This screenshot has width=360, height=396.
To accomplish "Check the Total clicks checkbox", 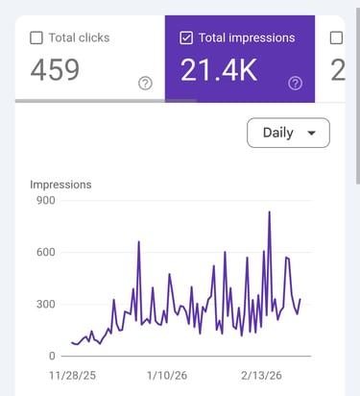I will pyautogui.click(x=36, y=38).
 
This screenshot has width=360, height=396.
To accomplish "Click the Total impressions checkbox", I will pyautogui.click(x=186, y=38).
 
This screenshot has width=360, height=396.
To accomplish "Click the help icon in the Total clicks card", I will pyautogui.click(x=145, y=84).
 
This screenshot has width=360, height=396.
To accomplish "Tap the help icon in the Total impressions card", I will pyautogui.click(x=295, y=84).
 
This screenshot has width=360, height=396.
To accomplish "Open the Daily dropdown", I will pyautogui.click(x=288, y=133).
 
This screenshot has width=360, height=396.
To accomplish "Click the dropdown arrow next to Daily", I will pyautogui.click(x=311, y=134).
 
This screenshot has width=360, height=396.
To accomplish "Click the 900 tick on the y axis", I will pyautogui.click(x=45, y=201).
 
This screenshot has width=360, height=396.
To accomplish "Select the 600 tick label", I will pyautogui.click(x=45, y=253).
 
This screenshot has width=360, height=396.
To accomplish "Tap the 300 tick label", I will pyautogui.click(x=45, y=305).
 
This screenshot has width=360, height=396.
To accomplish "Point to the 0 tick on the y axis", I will pyautogui.click(x=52, y=357).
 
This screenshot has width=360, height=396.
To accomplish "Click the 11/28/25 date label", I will pyautogui.click(x=75, y=374).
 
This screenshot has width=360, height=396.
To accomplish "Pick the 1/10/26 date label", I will pyautogui.click(x=169, y=374).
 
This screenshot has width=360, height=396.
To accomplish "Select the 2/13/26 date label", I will pyautogui.click(x=265, y=374).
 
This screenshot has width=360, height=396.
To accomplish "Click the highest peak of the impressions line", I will pyautogui.click(x=270, y=212).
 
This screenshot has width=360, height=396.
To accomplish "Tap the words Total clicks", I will pyautogui.click(x=80, y=38).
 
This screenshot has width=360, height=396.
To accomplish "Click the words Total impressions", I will pyautogui.click(x=247, y=38).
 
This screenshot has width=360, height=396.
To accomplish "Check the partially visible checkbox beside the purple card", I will pyautogui.click(x=336, y=38).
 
